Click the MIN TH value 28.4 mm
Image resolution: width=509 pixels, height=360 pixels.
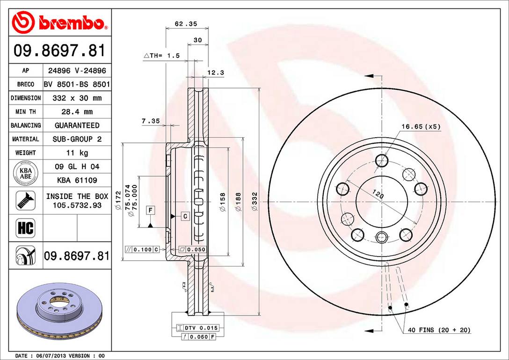click(x=77, y=112)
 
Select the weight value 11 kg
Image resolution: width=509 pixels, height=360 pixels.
click(x=77, y=153)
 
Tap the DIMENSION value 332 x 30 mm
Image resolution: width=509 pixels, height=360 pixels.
click(x=77, y=98)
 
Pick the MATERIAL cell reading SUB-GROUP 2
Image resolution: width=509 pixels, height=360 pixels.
click(x=77, y=139)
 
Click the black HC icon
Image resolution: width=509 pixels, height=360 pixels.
click(x=25, y=228)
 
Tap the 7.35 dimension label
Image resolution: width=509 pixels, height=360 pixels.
click(x=151, y=121)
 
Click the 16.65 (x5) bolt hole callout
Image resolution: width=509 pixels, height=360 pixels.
click(x=421, y=126)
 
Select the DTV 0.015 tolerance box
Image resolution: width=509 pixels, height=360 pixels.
click(x=202, y=328)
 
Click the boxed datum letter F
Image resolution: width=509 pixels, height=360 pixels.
click(x=150, y=210)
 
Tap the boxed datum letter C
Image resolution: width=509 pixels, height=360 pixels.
click(x=185, y=216)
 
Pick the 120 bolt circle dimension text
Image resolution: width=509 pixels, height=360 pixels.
click(x=378, y=194)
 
